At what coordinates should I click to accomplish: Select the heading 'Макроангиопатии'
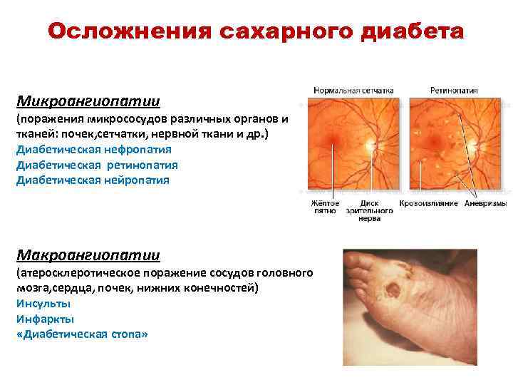[88, 255]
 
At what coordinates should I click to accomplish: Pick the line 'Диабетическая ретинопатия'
[97, 165]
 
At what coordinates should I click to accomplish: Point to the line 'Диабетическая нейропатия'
[93, 180]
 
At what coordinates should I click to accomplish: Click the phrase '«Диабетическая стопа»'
[82, 334]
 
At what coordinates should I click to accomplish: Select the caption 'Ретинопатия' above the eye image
[454, 91]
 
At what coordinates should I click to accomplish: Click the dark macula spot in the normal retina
[329, 138]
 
